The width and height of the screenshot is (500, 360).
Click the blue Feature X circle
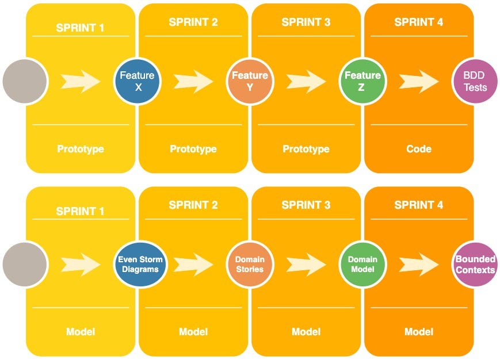click(137, 82)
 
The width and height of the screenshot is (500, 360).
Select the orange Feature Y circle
click(250, 82)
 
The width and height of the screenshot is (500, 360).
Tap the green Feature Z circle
click(362, 82)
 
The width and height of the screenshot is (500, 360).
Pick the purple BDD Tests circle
click(475, 82)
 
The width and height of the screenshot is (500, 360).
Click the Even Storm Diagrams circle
click(140, 264)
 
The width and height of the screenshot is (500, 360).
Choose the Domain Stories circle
click(250, 264)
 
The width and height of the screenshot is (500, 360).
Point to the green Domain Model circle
click(362, 264)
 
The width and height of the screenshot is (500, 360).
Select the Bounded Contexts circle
click(475, 264)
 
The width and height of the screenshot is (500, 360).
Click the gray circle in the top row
click(25, 82)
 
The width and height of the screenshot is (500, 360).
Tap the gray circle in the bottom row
click(25, 264)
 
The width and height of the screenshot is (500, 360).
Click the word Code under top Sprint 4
click(419, 149)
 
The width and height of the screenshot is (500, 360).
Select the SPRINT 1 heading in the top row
click(81, 27)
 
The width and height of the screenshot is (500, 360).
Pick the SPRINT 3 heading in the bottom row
click(306, 205)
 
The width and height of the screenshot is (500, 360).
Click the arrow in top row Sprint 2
click(194, 82)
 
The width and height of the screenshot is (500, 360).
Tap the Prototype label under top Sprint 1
click(81, 149)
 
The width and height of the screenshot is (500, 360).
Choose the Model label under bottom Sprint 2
click(193, 332)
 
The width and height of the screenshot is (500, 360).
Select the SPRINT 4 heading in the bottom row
click(419, 205)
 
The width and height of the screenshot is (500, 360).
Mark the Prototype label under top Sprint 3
click(306, 149)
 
